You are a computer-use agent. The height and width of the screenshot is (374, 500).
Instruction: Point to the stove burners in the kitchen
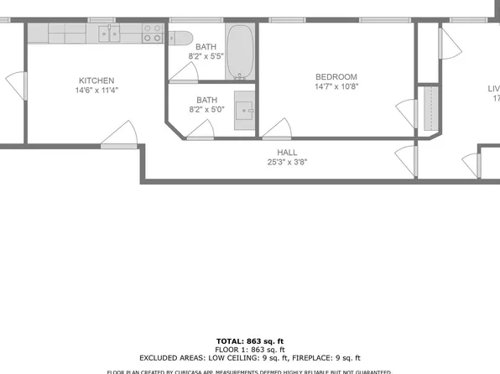152,34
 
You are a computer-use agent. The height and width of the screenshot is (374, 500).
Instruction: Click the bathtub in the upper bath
241,52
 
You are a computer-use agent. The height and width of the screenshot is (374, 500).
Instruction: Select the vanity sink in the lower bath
244,109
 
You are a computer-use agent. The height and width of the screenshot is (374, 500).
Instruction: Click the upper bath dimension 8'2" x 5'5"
206,58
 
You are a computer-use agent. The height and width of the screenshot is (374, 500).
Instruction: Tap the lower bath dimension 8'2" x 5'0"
206,109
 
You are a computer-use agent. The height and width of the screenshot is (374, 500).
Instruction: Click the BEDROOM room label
336,77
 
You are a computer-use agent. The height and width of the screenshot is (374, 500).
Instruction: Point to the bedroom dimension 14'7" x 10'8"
336,86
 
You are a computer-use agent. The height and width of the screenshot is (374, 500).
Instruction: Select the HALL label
288,152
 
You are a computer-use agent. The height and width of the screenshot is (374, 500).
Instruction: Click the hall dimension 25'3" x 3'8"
288,162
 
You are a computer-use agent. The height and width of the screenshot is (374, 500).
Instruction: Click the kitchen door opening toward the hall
119,134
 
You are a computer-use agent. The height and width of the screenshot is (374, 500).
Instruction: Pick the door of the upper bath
183,74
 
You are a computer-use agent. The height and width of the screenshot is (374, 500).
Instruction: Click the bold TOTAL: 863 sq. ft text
250,341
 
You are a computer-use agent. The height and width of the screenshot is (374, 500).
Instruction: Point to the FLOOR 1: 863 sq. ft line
250,350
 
